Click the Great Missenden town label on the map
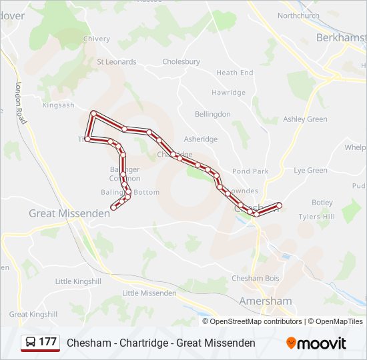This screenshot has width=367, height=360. (69, 213)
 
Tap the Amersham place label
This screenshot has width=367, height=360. (266, 301)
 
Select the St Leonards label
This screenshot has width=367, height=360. (117, 62)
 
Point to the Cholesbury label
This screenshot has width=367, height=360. (181, 62)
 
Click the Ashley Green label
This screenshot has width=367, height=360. (305, 119)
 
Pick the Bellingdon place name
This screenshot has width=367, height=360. (212, 115)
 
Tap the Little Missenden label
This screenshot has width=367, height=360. (149, 293)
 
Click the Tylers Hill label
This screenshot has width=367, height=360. (316, 217)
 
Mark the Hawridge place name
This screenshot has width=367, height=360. (228, 93)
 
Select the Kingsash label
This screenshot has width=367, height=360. (59, 105)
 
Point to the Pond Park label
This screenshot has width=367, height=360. (251, 171)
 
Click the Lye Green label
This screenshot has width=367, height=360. (310, 171)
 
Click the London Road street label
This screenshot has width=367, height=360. (21, 103)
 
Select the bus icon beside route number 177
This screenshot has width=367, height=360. (31, 343)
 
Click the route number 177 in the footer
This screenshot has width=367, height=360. (47, 342)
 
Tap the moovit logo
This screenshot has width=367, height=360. (316, 343)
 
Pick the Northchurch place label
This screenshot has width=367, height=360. (298, 15)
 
